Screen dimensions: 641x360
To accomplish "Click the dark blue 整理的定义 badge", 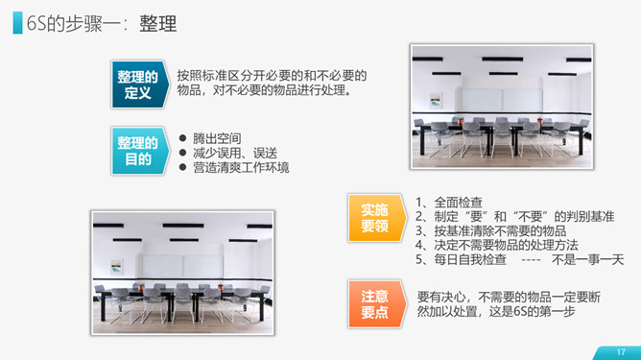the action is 140,84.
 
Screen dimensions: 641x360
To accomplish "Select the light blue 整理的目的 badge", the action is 140,151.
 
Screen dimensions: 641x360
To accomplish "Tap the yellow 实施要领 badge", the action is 376,218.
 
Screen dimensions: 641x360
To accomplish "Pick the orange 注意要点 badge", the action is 376,304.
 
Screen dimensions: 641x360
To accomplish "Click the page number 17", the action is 621,351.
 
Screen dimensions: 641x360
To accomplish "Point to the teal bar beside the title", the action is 17,22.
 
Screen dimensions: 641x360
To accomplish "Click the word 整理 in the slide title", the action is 158,23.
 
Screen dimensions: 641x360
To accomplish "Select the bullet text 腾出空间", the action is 217,138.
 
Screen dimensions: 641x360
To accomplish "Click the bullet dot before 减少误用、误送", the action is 182,153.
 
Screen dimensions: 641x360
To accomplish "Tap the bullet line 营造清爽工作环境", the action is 241,167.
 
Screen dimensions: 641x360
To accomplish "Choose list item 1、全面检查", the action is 449,203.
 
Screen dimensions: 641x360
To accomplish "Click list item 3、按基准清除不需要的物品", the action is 491,230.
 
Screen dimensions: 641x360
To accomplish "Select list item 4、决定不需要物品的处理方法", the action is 497,245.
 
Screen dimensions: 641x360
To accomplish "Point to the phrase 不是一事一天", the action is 588,259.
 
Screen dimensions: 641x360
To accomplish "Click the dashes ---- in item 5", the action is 531,260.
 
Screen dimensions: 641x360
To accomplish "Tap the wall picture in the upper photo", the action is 436,101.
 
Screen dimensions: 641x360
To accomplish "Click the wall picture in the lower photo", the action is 116,267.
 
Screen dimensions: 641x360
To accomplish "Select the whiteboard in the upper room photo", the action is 502,100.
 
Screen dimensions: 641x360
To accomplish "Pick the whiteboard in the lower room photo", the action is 182,266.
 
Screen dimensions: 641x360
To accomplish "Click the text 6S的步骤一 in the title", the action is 74,23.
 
